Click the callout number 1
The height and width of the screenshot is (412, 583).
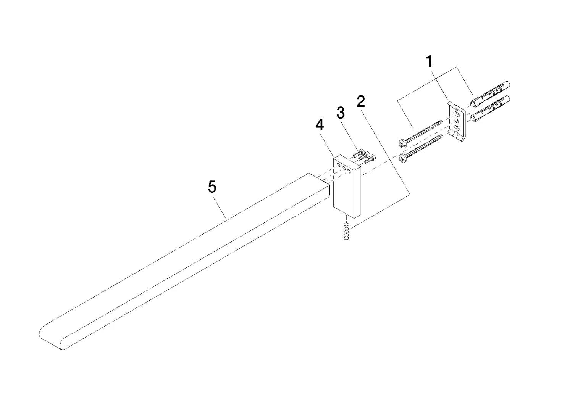430,62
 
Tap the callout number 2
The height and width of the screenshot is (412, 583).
361,101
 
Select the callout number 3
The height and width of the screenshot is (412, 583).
341,113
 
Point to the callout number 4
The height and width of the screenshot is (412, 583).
320,125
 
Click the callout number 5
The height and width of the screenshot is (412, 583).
212,187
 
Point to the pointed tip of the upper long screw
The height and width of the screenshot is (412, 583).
442,121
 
